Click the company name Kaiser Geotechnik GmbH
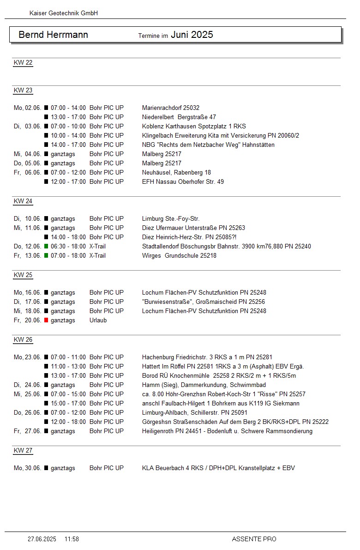[64, 13]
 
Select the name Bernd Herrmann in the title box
[53, 35]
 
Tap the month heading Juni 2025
[192, 35]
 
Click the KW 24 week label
[23, 201]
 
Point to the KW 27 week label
[23, 451]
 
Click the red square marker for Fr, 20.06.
[46, 320]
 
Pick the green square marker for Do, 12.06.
[46, 247]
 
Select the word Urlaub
[98, 320]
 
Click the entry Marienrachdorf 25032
[171, 108]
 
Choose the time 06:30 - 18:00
[68, 247]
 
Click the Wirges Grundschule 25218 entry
[179, 256]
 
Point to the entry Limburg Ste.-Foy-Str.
[171, 219]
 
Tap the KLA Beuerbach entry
[218, 468]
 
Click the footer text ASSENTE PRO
[254, 539]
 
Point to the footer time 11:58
[72, 539]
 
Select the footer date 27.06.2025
[42, 539]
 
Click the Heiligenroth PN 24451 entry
[227, 431]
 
